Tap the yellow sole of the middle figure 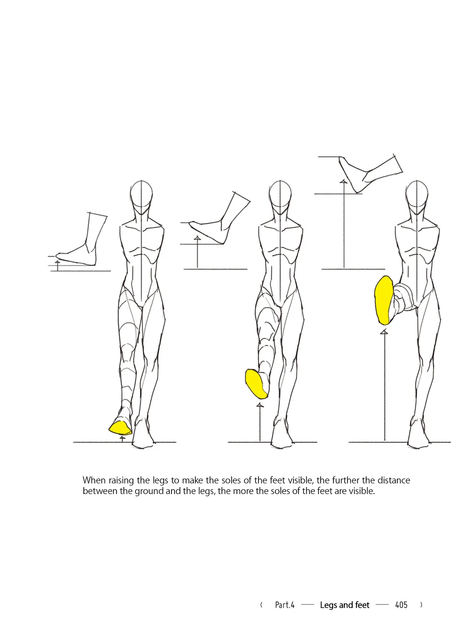[x=256, y=384]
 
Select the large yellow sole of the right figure [x=384, y=300]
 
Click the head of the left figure [x=141, y=197]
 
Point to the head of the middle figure [x=280, y=197]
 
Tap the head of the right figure [x=417, y=197]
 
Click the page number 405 [x=401, y=605]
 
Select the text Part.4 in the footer [x=285, y=605]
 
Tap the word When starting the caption [x=94, y=480]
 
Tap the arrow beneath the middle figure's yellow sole [x=260, y=422]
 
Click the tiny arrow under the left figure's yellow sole [x=122, y=439]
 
